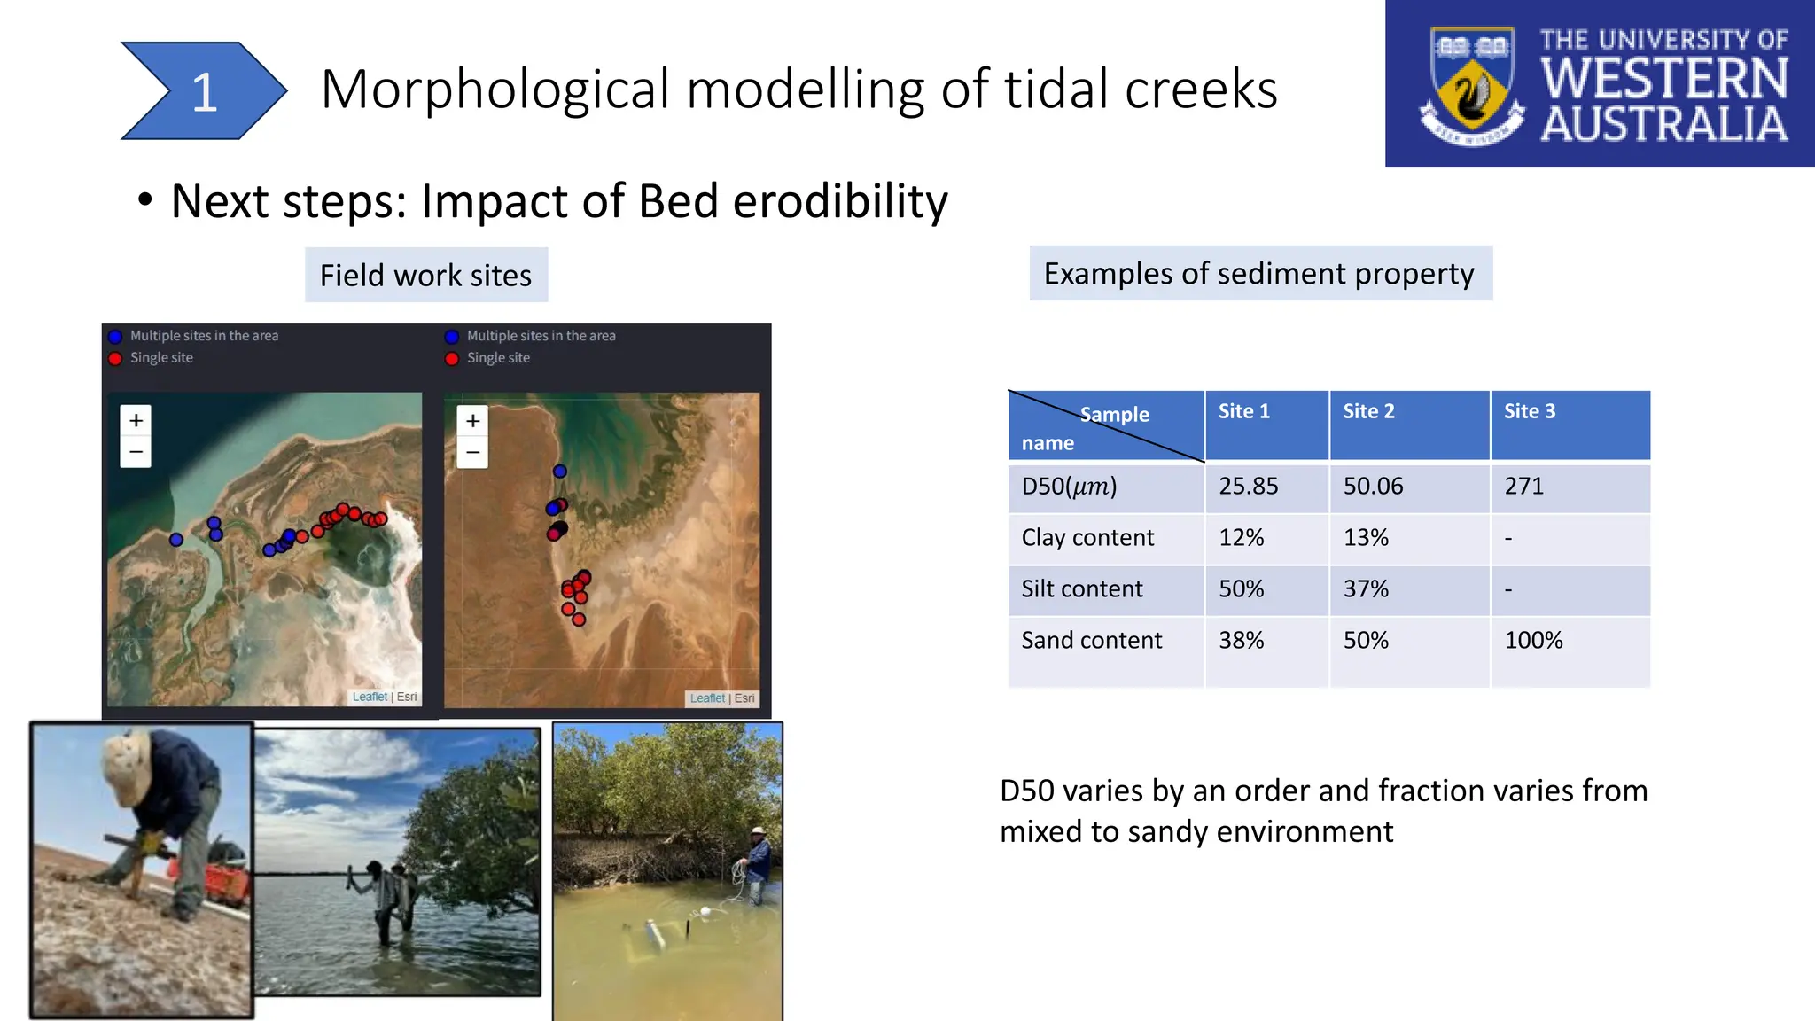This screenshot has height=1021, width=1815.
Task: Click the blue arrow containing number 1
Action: click(x=203, y=91)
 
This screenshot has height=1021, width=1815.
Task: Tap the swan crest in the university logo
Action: click(x=1472, y=90)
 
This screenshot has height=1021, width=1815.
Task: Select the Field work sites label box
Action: click(x=425, y=276)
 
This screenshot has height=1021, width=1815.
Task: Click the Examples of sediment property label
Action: click(x=1259, y=274)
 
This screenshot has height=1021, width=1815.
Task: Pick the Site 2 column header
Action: click(x=1368, y=411)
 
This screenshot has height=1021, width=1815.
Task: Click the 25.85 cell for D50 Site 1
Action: click(x=1248, y=487)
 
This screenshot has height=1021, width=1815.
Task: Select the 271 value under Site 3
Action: click(x=1523, y=487)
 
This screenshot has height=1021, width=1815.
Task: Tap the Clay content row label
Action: click(x=1087, y=538)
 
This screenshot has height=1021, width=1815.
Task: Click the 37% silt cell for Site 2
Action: click(x=1366, y=589)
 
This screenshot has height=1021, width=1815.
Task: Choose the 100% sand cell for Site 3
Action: click(x=1533, y=641)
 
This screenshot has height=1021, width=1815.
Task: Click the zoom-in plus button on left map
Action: click(x=136, y=420)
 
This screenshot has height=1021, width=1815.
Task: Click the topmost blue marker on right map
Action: click(x=560, y=472)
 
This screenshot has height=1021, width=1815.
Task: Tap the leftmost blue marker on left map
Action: click(x=176, y=540)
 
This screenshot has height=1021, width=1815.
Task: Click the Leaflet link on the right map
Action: click(x=707, y=698)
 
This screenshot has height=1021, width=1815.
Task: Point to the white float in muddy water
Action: click(x=705, y=911)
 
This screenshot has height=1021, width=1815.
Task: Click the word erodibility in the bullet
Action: click(x=839, y=201)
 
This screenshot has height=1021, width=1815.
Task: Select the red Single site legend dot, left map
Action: click(x=115, y=358)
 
